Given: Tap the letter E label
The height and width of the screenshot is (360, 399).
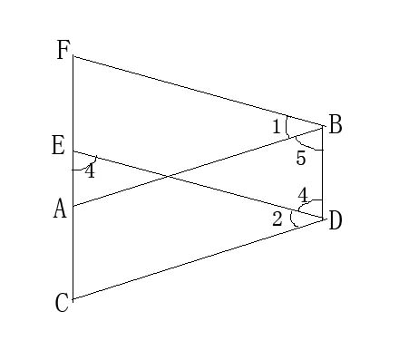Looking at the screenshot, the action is point(59,145).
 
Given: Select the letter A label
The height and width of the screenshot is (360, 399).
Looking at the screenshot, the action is point(60,209).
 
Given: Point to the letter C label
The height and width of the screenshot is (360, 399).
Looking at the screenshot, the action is point(62,303).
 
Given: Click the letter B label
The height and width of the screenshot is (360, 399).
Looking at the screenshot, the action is point(336,125).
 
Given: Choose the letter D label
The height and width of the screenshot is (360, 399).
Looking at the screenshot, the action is point(336,219).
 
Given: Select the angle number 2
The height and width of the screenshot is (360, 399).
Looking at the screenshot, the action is point(277,219).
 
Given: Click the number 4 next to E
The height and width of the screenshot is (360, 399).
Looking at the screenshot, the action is point(89,170).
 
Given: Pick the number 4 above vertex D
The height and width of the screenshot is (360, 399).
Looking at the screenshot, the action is point(304,194).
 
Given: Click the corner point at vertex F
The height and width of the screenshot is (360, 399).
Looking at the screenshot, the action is point(73,56).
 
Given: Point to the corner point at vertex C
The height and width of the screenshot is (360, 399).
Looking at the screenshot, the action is point(73,298).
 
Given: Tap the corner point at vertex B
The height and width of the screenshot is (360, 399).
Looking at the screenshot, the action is point(324,126).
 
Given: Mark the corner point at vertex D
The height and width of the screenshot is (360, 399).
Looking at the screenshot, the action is point(324,218).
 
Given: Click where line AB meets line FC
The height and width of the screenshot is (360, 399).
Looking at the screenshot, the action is point(73,207).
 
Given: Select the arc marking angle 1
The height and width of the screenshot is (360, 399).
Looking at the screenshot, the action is point(287,126).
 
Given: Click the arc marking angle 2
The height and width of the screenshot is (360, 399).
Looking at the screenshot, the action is point(292,218).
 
